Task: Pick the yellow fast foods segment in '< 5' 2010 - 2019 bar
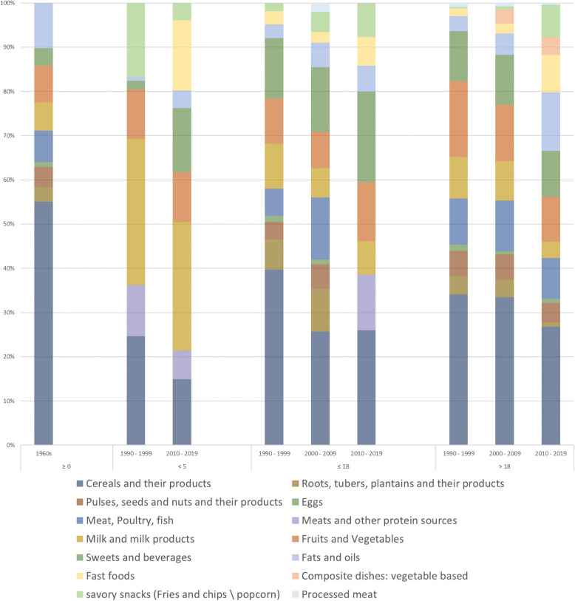click(182, 55)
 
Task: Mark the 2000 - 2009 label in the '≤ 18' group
click(320, 452)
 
